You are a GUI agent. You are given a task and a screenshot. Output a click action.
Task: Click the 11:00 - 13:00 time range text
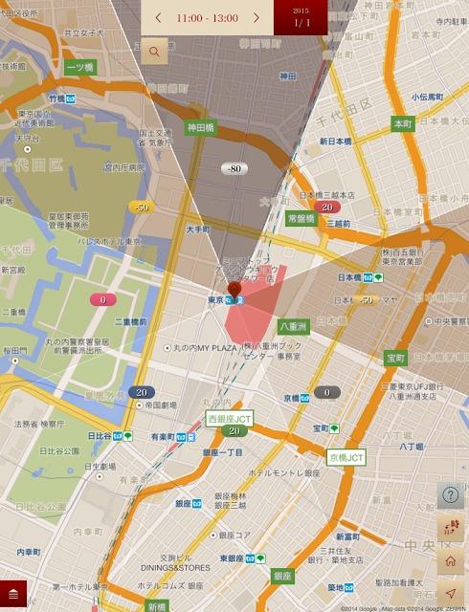[x=207, y=18]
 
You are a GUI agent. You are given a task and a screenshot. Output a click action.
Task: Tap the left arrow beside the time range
[x=158, y=18]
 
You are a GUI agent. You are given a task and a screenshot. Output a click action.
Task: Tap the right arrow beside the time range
[x=257, y=18]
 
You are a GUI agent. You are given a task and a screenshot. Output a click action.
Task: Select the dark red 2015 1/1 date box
[x=301, y=17]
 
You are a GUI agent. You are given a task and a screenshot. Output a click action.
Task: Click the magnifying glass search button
[x=153, y=52]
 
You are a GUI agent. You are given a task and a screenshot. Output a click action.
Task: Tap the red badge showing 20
[x=327, y=207]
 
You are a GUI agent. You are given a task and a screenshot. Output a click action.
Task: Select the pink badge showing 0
[x=102, y=299]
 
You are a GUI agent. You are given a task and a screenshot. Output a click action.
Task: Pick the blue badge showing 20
[x=142, y=392]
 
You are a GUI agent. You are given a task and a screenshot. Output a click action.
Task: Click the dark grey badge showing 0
[x=327, y=392]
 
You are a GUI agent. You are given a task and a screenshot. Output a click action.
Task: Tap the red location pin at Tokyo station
[x=234, y=290]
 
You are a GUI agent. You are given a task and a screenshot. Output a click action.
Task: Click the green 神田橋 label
[x=199, y=127]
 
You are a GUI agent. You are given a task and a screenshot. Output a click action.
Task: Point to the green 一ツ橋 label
[x=79, y=67]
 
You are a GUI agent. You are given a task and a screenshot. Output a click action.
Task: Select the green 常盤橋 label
[x=301, y=219]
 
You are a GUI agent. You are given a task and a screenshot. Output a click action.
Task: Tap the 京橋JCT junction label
[x=346, y=458]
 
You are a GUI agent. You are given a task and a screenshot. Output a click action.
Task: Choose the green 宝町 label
[x=396, y=358]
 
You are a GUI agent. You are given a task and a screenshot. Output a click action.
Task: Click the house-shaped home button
[x=451, y=560]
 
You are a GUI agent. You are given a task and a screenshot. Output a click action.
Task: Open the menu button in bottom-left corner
[x=13, y=595]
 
